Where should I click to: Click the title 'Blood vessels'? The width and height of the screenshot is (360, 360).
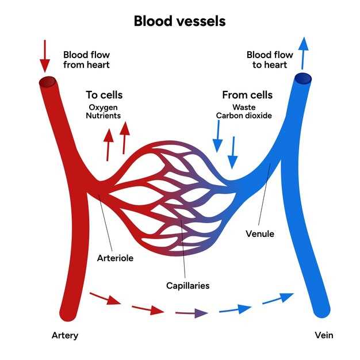pos(179,21)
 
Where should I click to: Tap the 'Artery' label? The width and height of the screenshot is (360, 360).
pos(65,336)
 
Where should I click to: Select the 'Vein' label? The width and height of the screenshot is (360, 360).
pos(324,335)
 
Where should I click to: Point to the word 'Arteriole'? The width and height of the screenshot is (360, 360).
pos(115,258)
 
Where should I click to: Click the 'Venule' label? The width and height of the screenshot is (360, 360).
pos(260,233)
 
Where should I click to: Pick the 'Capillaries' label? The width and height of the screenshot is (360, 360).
pos(188,286)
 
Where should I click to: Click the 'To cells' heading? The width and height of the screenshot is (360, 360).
pos(104,95)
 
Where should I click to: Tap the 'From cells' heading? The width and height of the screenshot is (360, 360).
pos(247,95)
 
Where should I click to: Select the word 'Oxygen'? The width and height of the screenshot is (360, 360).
pos(104,108)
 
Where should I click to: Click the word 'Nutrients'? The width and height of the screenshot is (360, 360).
pos(104,116)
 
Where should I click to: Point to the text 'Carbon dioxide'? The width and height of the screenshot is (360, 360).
pos(244,116)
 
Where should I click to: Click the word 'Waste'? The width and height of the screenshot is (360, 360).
pos(244,107)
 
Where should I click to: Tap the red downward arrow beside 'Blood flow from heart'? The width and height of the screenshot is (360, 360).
pos(45,56)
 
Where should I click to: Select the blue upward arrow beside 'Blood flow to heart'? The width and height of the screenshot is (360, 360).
pos(303,53)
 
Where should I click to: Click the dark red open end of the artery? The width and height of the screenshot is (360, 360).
pos(48,82)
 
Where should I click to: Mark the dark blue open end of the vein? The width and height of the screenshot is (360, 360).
pos(303,79)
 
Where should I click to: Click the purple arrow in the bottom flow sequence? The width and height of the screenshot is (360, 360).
pos(192,313)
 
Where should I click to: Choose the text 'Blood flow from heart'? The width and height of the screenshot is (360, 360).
pos(87,60)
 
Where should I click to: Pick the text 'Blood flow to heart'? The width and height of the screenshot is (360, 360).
pos(270,60)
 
